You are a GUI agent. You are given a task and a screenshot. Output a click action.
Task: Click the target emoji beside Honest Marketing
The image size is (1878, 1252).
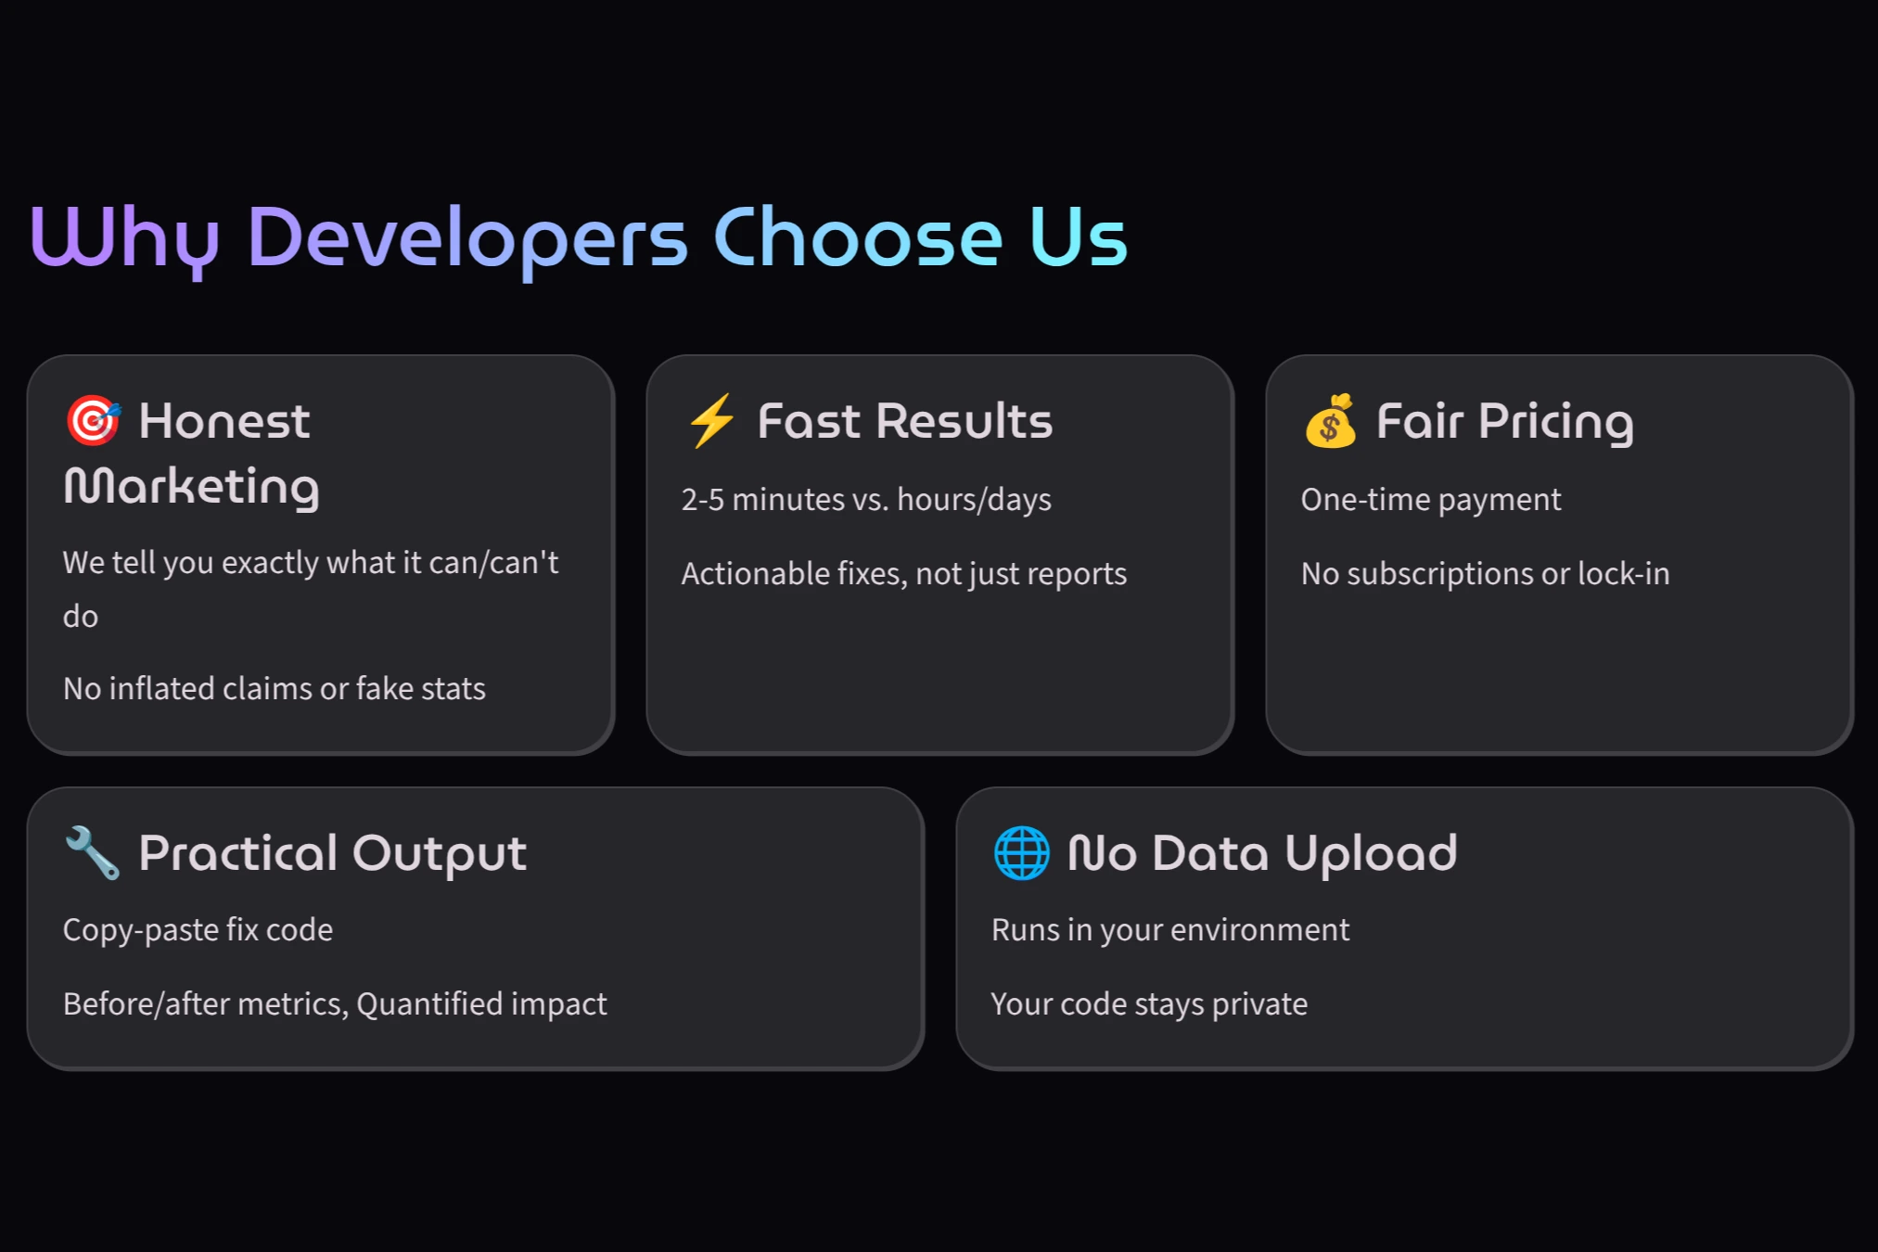tap(93, 420)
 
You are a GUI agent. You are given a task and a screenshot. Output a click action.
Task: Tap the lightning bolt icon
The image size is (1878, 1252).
tap(712, 420)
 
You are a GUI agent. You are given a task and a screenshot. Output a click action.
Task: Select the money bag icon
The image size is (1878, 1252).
tap(1331, 421)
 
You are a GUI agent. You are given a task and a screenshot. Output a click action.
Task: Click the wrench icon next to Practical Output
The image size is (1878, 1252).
tap(93, 852)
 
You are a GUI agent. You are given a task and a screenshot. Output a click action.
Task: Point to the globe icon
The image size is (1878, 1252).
tap(1021, 852)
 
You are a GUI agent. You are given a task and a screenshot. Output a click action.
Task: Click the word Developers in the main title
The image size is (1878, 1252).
tap(467, 238)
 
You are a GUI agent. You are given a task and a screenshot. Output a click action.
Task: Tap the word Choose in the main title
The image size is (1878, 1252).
tap(858, 238)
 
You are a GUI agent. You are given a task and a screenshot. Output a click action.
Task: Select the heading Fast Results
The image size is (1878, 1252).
tap(905, 421)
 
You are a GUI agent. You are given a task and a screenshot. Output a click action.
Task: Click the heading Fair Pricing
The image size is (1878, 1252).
tap(1504, 421)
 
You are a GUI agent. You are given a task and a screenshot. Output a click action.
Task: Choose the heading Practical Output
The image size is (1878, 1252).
tap(332, 853)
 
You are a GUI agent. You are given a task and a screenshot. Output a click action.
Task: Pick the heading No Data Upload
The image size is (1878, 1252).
tap(1262, 853)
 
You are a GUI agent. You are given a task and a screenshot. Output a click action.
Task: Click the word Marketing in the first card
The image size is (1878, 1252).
tap(192, 487)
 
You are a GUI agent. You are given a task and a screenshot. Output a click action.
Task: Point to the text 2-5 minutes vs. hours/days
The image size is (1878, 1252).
tap(866, 500)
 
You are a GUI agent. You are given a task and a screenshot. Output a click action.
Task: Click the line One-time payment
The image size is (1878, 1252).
tap(1431, 500)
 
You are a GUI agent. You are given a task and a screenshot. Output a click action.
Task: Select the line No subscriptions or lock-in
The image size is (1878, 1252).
tap(1485, 574)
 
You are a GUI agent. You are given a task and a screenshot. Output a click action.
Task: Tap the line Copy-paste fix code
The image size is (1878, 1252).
tap(198, 930)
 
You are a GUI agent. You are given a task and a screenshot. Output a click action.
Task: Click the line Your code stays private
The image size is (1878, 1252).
tap(1149, 1004)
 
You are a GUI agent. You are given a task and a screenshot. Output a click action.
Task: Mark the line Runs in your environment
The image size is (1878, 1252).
tap(1170, 930)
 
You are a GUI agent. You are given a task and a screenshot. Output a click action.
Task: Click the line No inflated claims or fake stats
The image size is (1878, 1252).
tap(275, 689)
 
